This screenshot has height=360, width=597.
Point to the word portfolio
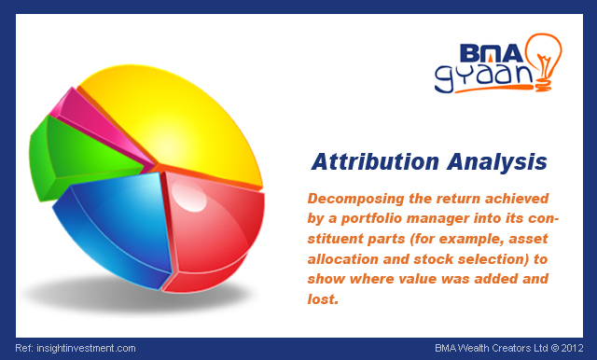point(383,217)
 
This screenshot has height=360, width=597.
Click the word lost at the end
point(321,298)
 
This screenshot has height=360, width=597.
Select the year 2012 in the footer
point(577,348)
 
